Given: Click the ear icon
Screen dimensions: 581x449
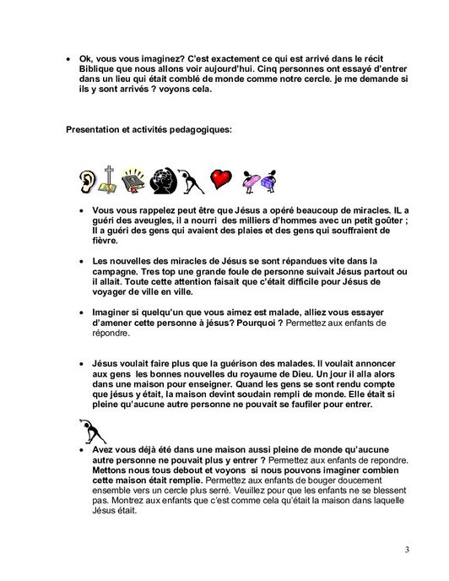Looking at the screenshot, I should (86, 180).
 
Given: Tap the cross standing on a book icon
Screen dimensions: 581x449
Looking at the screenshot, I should (108, 178).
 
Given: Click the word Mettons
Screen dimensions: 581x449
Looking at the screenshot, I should (112, 470).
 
